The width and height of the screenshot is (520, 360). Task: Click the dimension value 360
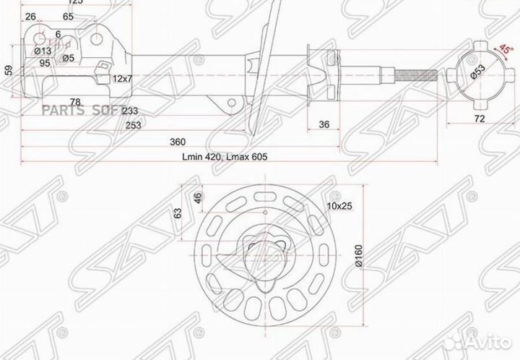(x=178, y=141)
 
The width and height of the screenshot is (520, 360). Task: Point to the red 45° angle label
(x=505, y=49)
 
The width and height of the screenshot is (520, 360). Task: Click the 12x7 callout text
(x=121, y=77)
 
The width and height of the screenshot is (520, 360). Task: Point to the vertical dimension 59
(x=9, y=69)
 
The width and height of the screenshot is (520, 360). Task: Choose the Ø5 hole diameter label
(x=69, y=57)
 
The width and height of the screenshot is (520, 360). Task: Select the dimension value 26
(x=30, y=16)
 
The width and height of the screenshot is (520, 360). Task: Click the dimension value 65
(x=68, y=16)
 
